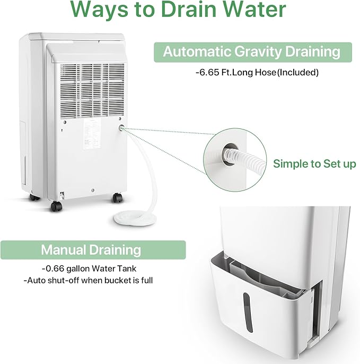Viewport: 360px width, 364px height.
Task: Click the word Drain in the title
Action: point(189,10)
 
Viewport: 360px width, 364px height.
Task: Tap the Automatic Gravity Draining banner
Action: point(253,52)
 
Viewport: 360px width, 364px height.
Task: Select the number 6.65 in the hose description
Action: point(209,72)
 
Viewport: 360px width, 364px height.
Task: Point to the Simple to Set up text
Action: point(314,163)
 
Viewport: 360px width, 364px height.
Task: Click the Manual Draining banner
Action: point(93,250)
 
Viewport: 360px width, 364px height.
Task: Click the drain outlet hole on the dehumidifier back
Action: point(121,128)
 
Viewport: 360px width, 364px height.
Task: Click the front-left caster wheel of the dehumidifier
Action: point(57,206)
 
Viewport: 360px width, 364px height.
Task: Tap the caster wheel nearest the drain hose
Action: point(117,198)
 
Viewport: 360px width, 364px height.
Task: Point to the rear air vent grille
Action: point(92,91)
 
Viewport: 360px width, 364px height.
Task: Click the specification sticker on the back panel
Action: point(92,134)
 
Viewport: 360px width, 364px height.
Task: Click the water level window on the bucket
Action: point(248,312)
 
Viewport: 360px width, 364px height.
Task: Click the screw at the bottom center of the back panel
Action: point(93,190)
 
